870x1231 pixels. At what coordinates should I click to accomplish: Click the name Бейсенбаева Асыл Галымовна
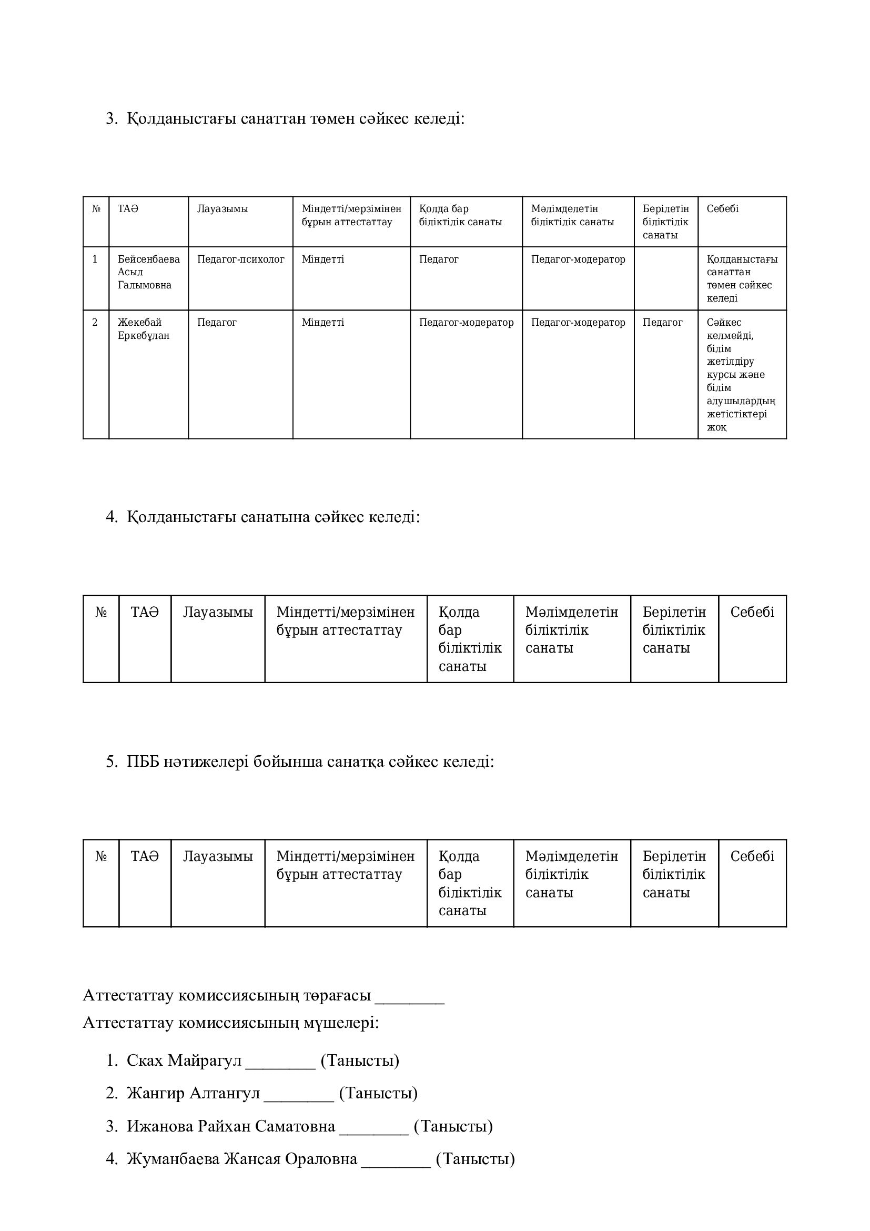coord(148,273)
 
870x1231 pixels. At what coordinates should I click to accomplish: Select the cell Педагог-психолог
coord(240,259)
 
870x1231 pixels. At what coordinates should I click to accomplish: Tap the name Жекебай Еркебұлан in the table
coord(143,329)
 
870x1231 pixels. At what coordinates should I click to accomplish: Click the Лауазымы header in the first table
coord(222,209)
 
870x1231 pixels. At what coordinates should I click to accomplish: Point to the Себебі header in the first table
coord(722,209)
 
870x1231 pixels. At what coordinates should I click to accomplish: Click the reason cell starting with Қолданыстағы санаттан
coord(742,279)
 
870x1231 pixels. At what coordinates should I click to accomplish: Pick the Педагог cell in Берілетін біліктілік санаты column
coord(663,323)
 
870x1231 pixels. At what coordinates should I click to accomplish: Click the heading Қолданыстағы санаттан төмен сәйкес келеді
coord(295,118)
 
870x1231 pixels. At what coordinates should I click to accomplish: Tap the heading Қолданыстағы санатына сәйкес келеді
coord(273,517)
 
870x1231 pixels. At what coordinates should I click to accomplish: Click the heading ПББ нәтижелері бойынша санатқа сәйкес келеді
coord(310,762)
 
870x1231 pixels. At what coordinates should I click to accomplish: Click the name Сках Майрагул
coord(184,1060)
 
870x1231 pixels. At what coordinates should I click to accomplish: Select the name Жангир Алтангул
coord(193,1093)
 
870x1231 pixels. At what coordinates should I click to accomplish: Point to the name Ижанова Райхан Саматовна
coord(231,1126)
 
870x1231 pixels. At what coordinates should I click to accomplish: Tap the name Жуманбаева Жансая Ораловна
coord(241,1158)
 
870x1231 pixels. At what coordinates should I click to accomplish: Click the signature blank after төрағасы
coord(410,996)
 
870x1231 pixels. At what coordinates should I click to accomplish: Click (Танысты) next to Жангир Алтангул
coord(378,1093)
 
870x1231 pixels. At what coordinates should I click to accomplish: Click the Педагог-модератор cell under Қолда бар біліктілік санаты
coord(466,323)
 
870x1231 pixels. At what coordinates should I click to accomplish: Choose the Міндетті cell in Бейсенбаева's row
coord(323,259)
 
